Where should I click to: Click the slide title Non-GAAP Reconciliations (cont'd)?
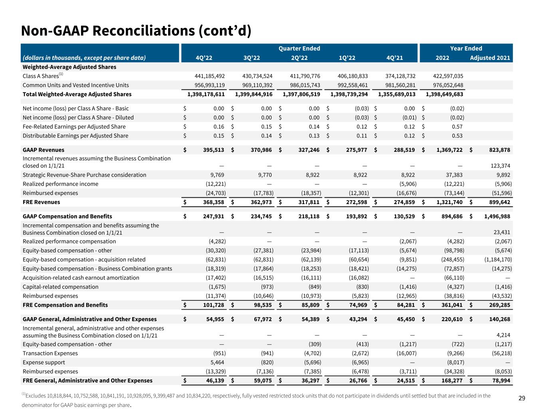click(x=136, y=31)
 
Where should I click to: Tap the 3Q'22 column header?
click(x=252, y=58)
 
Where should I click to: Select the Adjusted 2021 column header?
click(x=490, y=58)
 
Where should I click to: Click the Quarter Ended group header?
click(x=299, y=48)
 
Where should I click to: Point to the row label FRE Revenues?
click(x=42, y=202)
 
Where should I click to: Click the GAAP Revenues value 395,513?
click(x=212, y=150)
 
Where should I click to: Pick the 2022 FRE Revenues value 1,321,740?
click(x=449, y=202)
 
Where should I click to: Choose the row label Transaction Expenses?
click(x=50, y=353)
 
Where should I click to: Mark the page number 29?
click(x=522, y=398)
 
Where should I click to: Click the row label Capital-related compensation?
click(x=60, y=287)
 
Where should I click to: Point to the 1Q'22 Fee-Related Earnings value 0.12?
click(x=362, y=127)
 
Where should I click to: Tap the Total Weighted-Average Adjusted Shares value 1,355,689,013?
click(x=397, y=94)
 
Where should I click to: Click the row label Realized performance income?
click(x=60, y=184)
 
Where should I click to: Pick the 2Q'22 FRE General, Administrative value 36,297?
click(x=308, y=381)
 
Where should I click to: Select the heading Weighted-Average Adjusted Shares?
click(x=69, y=67)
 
